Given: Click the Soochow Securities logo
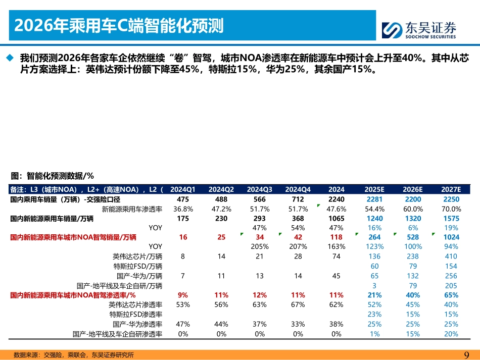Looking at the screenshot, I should tap(419, 30).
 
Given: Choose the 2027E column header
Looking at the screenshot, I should tap(451, 189).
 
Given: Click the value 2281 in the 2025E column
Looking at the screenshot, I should tap(374, 199).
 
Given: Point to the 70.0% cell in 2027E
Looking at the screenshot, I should tap(451, 209).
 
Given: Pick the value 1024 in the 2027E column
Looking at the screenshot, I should tap(451, 237).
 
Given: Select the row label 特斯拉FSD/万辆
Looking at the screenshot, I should tap(137, 266).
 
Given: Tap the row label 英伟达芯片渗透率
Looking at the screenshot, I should tap(135, 305).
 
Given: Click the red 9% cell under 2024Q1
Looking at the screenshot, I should tap(182, 295).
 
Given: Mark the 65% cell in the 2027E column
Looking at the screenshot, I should tap(451, 295).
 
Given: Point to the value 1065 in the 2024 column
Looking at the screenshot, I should tap(336, 219).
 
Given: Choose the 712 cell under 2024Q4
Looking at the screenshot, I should tap(298, 199).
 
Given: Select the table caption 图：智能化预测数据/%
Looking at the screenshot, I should tap(53, 176).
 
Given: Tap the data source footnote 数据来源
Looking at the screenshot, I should tap(73, 355).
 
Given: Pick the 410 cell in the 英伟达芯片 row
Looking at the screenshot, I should tap(451, 256).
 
